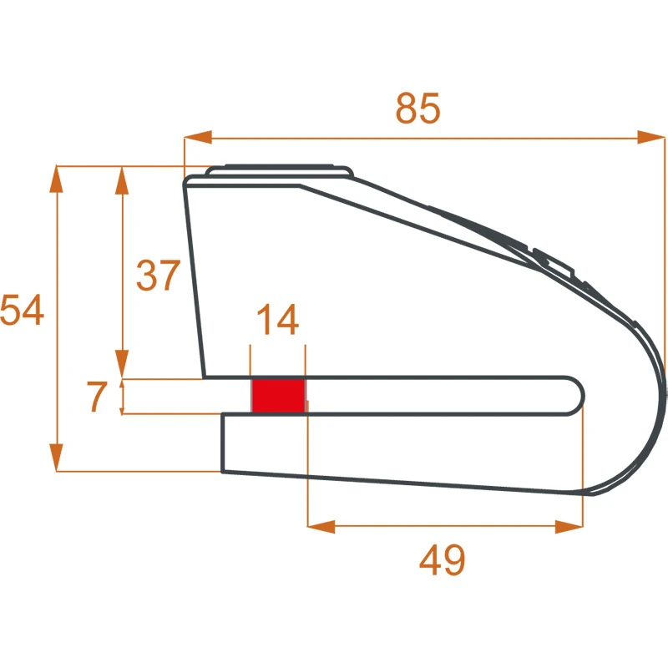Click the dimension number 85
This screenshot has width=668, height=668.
click(417, 109)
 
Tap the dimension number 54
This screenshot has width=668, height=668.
click(23, 310)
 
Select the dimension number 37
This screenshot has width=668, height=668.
click(159, 276)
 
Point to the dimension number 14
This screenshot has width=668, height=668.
click(278, 320)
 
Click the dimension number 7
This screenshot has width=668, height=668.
click(97, 396)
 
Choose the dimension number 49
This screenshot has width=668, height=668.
click(442, 559)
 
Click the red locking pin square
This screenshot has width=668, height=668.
click(279, 396)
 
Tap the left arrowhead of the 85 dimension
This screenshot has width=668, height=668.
click(198, 138)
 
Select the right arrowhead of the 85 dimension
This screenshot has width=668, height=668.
click(651, 138)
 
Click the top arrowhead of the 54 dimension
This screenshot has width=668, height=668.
click(56, 180)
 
